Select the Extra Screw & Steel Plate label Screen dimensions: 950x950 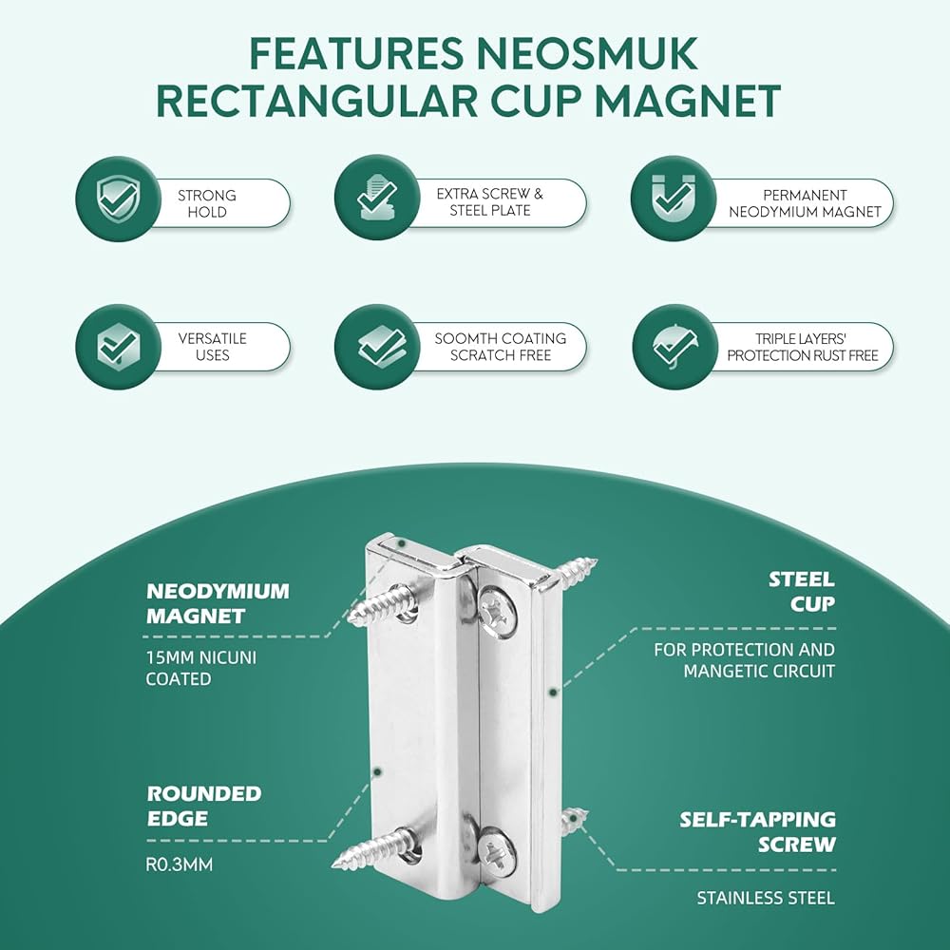coord(489,201)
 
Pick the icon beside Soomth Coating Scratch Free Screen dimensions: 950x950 coord(376,347)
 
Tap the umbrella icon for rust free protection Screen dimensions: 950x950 coord(674,347)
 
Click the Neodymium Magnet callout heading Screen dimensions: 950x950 coord(218,603)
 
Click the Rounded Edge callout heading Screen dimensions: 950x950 coord(204,805)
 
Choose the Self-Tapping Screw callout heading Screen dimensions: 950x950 coord(758,831)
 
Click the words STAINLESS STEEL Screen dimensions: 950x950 coord(765,898)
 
